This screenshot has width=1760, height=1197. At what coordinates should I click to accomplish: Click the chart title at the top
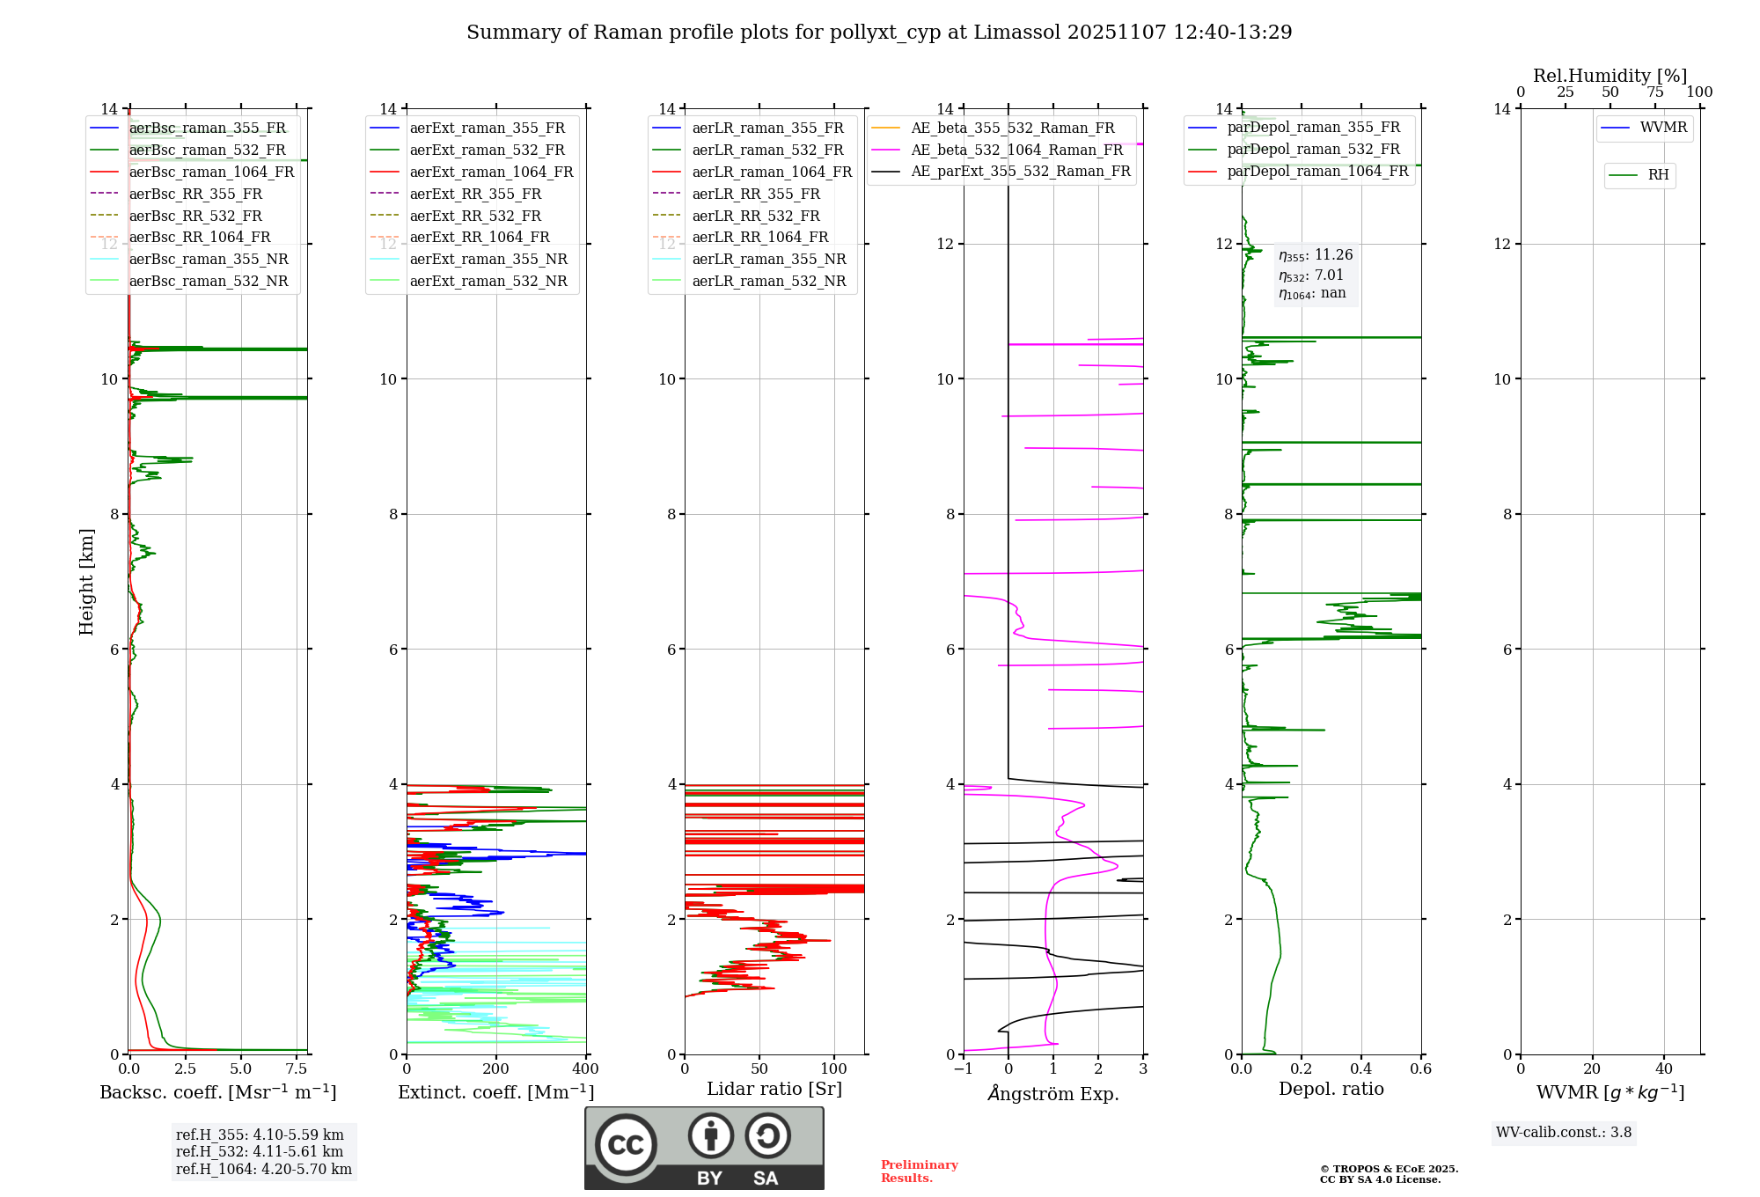pos(879,33)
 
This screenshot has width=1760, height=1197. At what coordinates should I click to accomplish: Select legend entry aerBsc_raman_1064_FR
pos(211,172)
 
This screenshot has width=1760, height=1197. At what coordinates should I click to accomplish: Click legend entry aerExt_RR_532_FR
pos(475,216)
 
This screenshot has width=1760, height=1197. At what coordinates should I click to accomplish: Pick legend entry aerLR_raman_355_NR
pos(768,259)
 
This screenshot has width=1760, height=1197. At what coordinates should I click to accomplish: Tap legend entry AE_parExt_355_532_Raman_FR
pos(1020,171)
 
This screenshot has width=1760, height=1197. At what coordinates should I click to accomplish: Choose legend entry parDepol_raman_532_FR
pos(1313,149)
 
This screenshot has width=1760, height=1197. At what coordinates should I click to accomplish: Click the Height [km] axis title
pos(86,581)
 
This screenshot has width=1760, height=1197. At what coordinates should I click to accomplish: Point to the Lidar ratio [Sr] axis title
pos(774,1089)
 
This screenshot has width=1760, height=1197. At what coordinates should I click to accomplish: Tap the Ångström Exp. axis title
pos(1053,1093)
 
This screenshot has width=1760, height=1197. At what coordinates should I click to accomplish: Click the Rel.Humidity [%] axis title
pos(1610,76)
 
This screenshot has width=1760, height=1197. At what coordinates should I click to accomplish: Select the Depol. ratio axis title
pos(1331,1089)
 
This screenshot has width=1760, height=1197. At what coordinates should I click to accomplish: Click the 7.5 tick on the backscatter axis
pos(297,1069)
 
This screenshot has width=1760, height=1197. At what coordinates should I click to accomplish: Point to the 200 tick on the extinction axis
pos(496,1069)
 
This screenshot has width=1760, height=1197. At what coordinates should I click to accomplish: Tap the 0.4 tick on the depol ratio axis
pos(1361,1069)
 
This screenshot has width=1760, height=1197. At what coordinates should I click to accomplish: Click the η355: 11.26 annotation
pos(1316,255)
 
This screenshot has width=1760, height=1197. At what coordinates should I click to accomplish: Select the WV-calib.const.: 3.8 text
pos(1564,1132)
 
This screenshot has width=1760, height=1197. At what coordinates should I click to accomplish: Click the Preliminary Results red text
pos(919,1171)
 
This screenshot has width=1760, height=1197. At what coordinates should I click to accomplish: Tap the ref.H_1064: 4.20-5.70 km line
pos(264,1169)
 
